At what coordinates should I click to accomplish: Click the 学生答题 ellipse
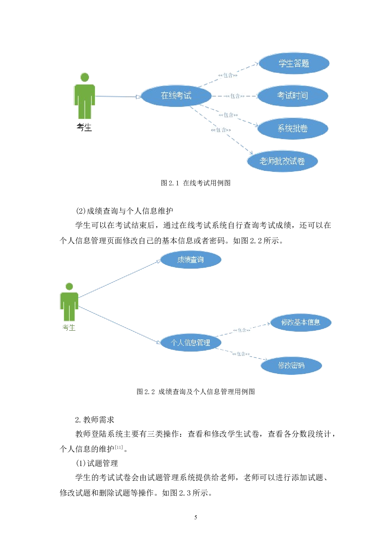click(294, 63)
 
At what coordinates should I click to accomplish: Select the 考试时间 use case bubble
click(293, 96)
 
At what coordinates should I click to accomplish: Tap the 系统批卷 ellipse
click(293, 128)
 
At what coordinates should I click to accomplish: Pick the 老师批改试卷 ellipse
click(282, 161)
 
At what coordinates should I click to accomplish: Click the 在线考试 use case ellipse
click(176, 96)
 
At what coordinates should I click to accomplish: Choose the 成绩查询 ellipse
click(190, 259)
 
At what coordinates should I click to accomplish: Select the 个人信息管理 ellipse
click(190, 342)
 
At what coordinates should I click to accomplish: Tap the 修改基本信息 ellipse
click(301, 322)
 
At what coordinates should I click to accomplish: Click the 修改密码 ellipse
click(291, 365)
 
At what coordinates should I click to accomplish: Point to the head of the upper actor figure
click(85, 77)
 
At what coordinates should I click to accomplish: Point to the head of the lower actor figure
click(69, 286)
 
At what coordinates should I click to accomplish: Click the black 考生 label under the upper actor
click(84, 127)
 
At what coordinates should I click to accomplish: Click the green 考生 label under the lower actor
click(69, 328)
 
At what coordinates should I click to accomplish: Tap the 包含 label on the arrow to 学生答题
click(228, 75)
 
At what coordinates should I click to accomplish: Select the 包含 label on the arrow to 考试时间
click(235, 96)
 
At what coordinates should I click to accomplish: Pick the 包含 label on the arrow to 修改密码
click(241, 354)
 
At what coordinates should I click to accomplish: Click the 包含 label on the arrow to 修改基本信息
click(242, 330)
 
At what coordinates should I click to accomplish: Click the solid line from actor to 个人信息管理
click(120, 325)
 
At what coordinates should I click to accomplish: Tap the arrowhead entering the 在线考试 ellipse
click(138, 97)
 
